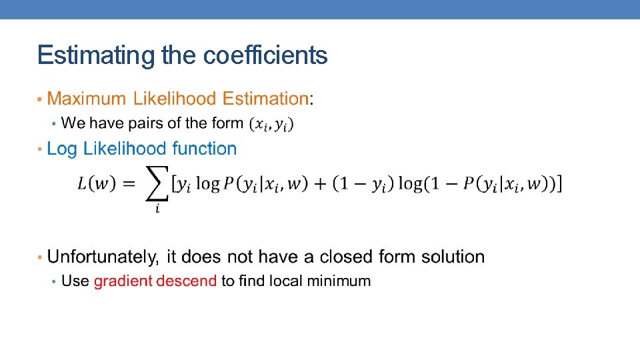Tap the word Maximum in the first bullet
pyautogui.click(x=87, y=99)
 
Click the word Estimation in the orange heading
pyautogui.click(x=265, y=99)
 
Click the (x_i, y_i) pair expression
pyautogui.click(x=271, y=124)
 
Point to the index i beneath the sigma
pyautogui.click(x=157, y=209)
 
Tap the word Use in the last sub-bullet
pyautogui.click(x=75, y=281)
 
